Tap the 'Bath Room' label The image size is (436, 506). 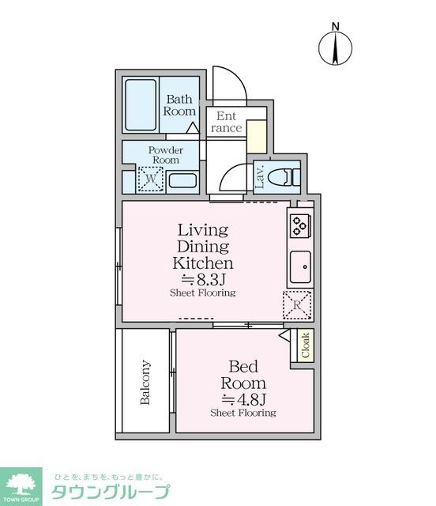pos(179,105)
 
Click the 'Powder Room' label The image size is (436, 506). pos(166,155)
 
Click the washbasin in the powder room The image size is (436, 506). pos(182,180)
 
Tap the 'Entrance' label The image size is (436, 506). pos(227,122)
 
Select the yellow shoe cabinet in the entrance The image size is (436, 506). pos(257,137)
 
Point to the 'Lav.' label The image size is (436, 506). pos(258,177)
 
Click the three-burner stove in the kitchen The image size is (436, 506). pos(299,227)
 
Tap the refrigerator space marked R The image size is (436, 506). pos(297,304)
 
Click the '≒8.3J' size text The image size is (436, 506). pos(202,279)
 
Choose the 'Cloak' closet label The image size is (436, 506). pos(305,346)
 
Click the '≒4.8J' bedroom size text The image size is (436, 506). pos(242,398)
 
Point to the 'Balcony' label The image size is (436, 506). pos(145,383)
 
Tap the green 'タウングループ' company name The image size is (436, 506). pos(110,492)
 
